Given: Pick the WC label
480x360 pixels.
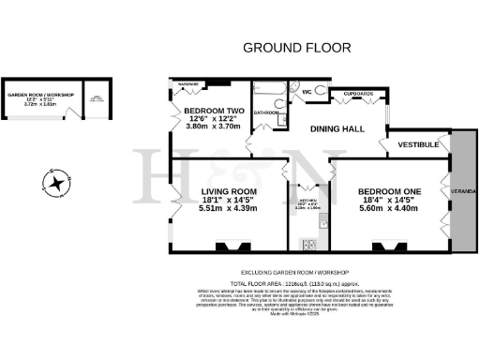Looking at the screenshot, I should (307, 92).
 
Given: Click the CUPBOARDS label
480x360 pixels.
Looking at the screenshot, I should (357, 94).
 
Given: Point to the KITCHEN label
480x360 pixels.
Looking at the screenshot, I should (307, 201).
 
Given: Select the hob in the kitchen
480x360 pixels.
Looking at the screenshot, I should (308, 244).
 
